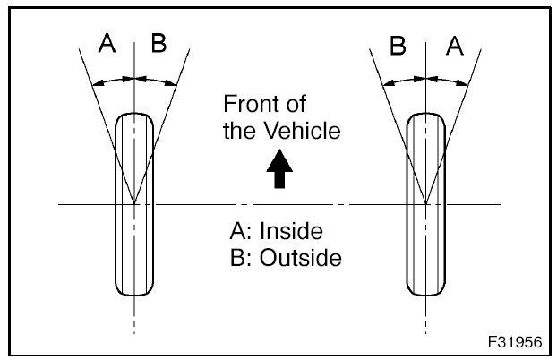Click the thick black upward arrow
click(x=280, y=169)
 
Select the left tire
click(x=134, y=205)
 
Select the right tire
click(x=426, y=205)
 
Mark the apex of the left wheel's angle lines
click(x=134, y=205)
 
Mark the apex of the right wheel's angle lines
click(x=426, y=205)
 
